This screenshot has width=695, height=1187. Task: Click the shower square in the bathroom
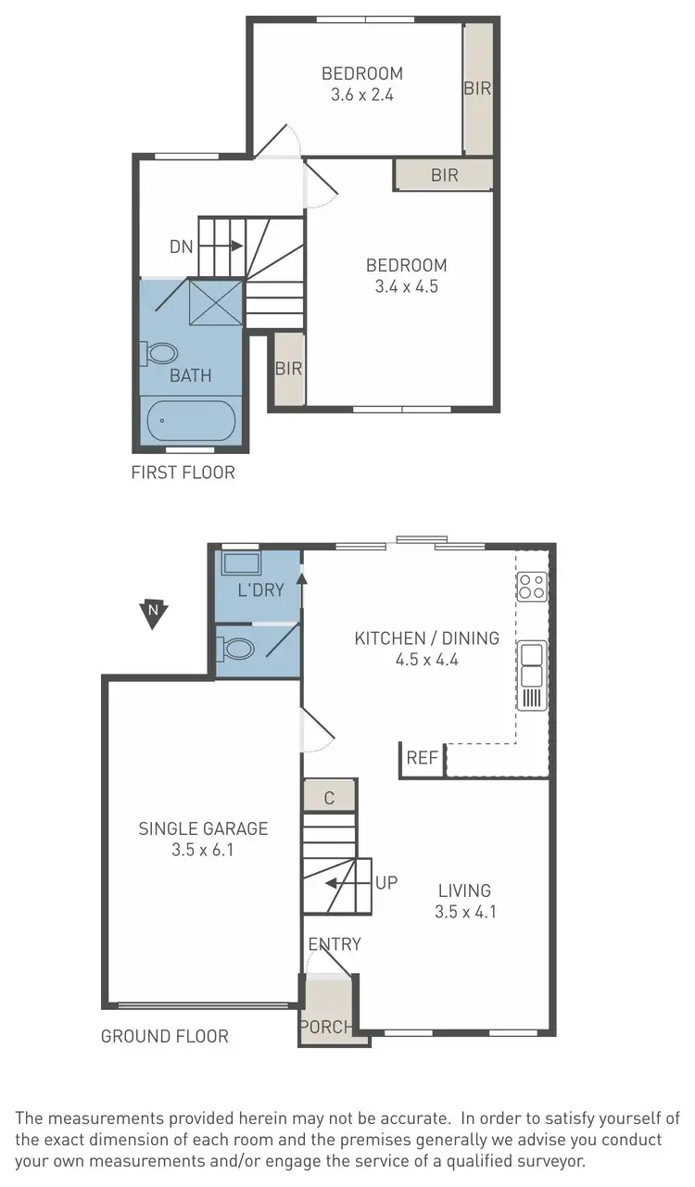pyautogui.click(x=216, y=302)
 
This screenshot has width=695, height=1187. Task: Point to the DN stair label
pyautogui.click(x=182, y=246)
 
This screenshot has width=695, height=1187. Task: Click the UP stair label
pyautogui.click(x=386, y=882)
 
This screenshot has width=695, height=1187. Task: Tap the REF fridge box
pyautogui.click(x=422, y=758)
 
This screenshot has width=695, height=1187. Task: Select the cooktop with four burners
pyautogui.click(x=532, y=586)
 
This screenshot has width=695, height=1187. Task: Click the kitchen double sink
pyautogui.click(x=532, y=663)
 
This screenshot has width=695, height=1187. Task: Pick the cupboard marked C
pyautogui.click(x=329, y=796)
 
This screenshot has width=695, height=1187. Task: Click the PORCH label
pyautogui.click(x=326, y=1027)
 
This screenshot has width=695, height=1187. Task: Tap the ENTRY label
pyautogui.click(x=335, y=944)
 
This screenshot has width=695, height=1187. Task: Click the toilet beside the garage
pyautogui.click(x=237, y=649)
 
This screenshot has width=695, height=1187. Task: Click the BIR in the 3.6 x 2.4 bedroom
pyautogui.click(x=477, y=89)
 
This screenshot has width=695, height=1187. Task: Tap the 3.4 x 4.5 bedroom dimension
pyautogui.click(x=406, y=287)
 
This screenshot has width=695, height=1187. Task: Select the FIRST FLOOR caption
pyautogui.click(x=183, y=473)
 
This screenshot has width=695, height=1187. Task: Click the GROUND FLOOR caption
pyautogui.click(x=164, y=1036)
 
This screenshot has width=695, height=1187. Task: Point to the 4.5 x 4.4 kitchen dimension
pyautogui.click(x=426, y=660)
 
